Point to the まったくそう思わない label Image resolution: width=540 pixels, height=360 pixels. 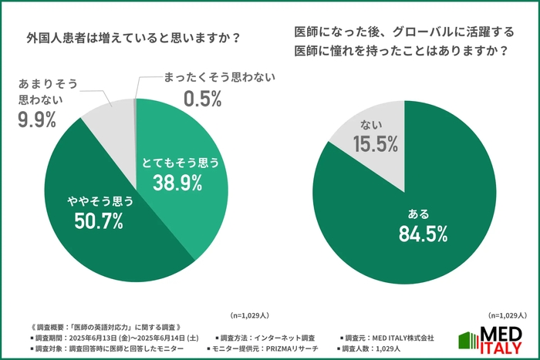coord(219,78)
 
